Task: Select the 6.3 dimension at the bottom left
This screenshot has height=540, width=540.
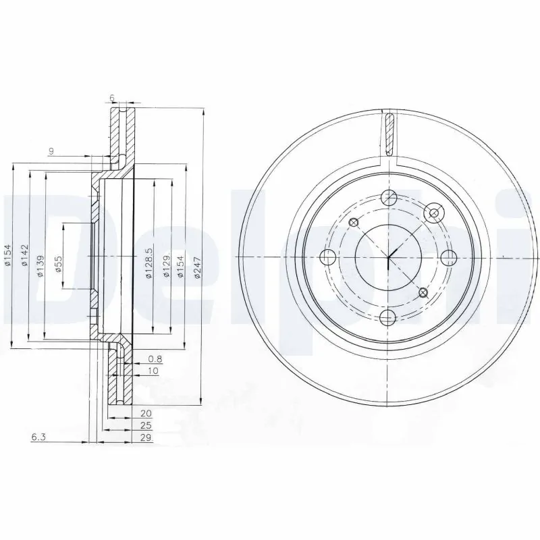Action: click(x=38, y=438)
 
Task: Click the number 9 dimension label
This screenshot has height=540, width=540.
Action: click(x=51, y=151)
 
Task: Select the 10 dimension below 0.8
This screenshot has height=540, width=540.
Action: click(x=153, y=371)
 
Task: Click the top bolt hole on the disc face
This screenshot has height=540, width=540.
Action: click(x=389, y=198)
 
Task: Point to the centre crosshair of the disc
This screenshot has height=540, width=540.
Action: click(x=389, y=257)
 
